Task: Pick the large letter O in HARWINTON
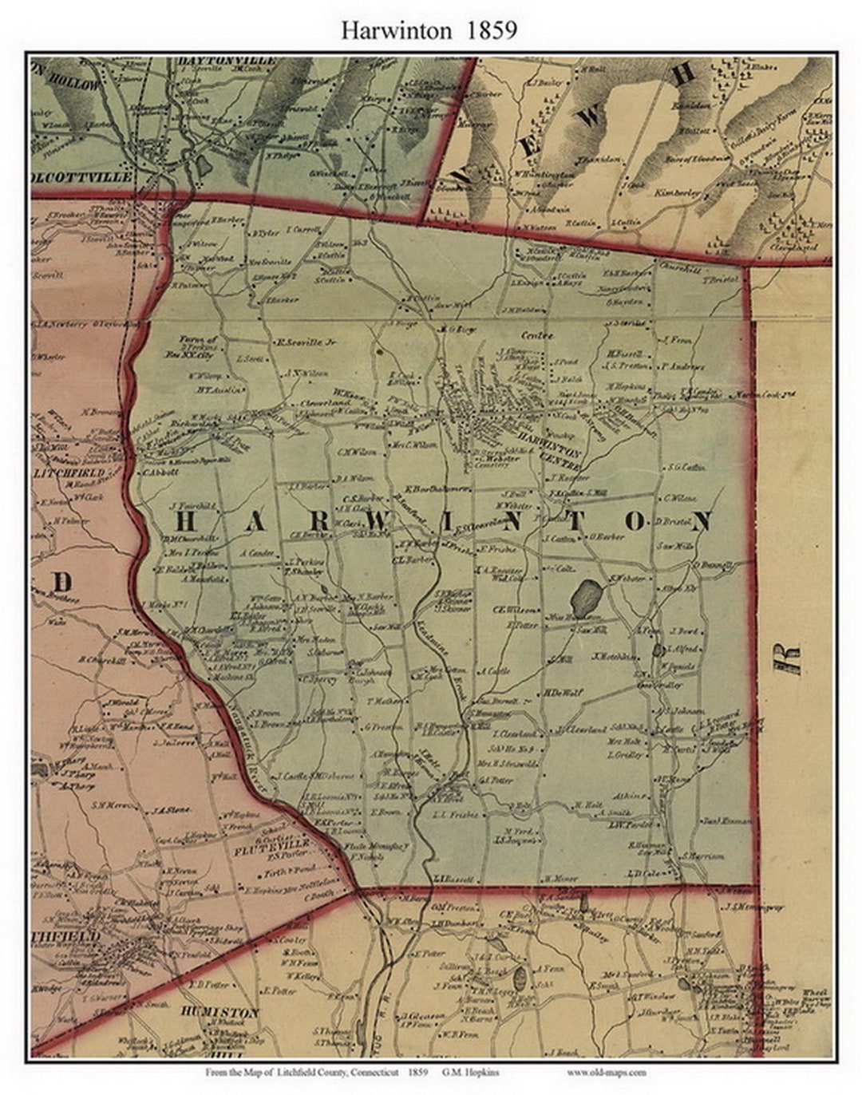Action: pos(635,521)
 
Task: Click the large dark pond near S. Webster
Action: pos(587,595)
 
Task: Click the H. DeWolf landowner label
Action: pos(564,692)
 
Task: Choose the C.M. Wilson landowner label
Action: pos(356,453)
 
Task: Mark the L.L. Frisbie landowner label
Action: pos(454,815)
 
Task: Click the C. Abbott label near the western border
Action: pos(161,471)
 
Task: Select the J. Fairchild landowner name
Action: pos(188,506)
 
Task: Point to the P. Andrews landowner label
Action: pos(683,366)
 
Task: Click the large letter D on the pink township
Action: pos(62,582)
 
